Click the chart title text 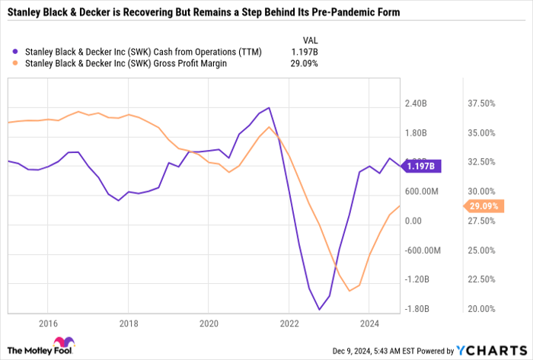point(203,14)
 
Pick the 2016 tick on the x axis point(47,323)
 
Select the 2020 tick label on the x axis point(208,323)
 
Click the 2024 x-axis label point(369,323)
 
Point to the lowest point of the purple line point(319,309)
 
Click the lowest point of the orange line point(349,291)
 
